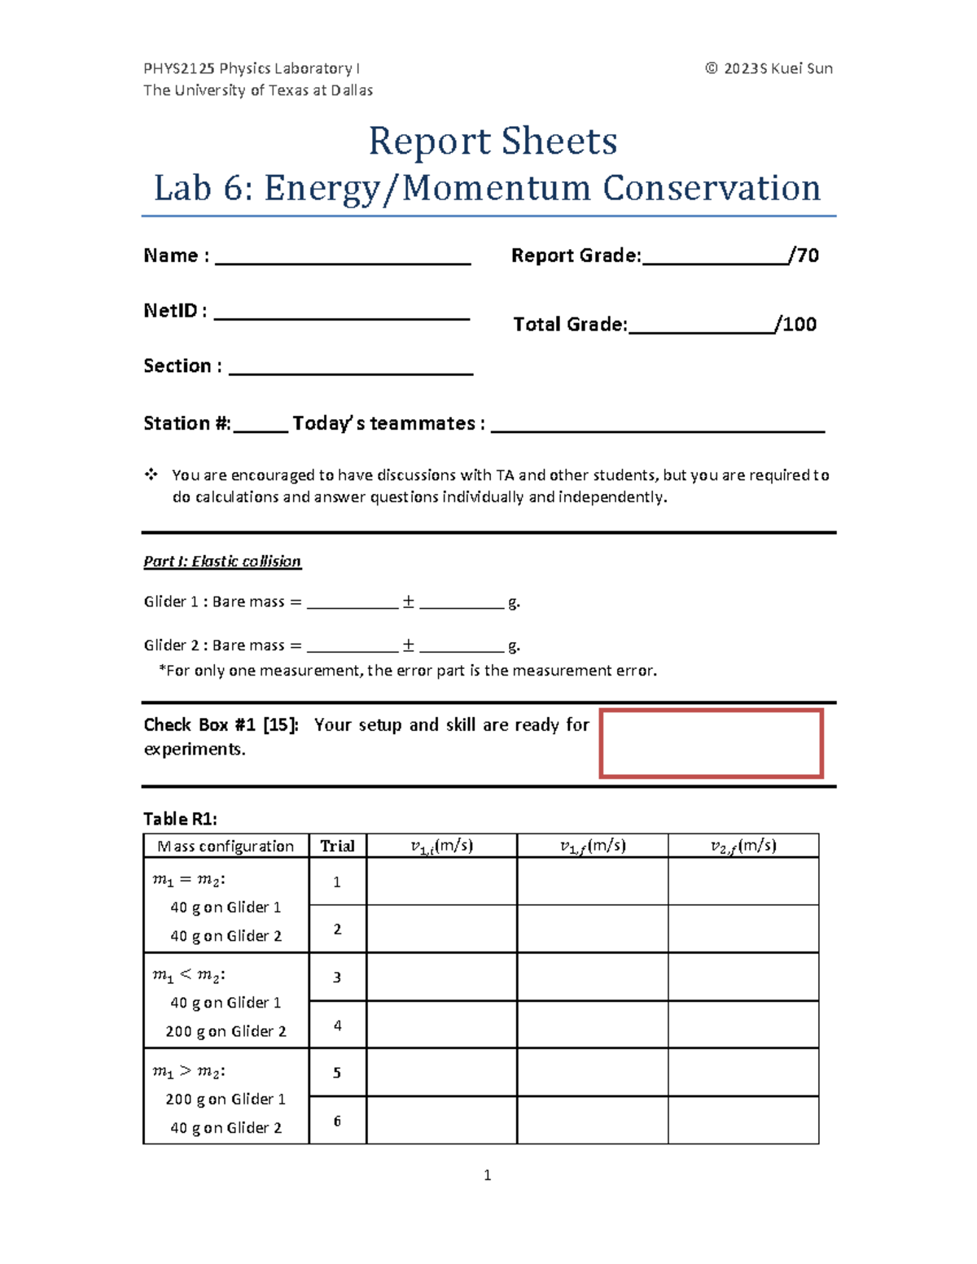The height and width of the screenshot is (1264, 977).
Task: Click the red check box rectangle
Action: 711,743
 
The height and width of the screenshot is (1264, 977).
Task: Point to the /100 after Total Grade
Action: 796,325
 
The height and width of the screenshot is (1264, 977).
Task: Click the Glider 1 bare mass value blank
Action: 353,604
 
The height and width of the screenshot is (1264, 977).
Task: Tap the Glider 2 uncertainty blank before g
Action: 462,647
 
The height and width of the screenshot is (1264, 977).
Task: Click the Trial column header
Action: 337,846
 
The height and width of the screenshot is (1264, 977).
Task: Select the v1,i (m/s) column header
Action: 441,846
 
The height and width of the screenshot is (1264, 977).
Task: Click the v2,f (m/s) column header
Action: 743,846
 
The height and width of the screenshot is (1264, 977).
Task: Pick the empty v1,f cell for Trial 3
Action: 592,977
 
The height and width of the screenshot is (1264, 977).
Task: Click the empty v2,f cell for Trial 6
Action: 743,1120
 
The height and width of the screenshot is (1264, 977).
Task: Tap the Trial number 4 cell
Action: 337,1025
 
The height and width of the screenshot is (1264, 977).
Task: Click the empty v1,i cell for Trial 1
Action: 441,881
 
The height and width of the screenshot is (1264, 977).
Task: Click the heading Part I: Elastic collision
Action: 222,562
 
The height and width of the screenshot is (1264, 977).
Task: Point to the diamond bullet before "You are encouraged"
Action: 151,474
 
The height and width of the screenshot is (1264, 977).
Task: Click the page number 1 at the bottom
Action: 487,1174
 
